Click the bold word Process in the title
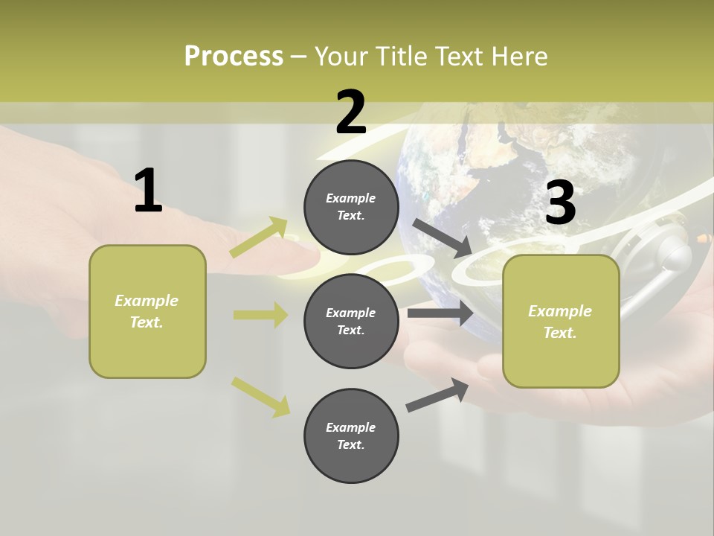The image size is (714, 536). tap(234, 57)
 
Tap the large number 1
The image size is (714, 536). tap(148, 191)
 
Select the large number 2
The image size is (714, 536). tap(351, 112)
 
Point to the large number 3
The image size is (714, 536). tap(560, 203)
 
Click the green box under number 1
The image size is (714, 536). tap(147, 311)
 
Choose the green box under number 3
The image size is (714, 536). tap(561, 322)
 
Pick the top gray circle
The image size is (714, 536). tap(351, 207)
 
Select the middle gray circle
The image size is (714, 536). tap(351, 321)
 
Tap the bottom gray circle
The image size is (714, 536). tap(351, 435)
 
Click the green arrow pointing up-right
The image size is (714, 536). tap(259, 237)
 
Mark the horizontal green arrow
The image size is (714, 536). tap(260, 315)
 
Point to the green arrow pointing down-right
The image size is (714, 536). tap(260, 396)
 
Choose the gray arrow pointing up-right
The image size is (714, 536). tap(437, 395)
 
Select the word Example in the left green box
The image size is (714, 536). tap(147, 301)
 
